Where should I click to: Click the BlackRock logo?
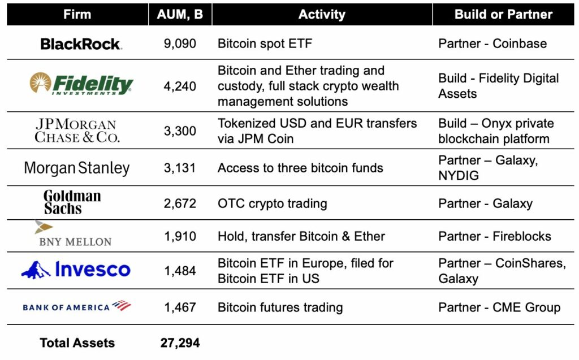81,44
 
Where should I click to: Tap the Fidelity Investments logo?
81,84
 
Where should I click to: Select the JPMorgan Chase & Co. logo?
77,131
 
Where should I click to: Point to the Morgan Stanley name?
77,168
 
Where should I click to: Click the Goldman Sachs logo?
72,202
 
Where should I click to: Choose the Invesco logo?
76,270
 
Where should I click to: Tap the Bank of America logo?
77,306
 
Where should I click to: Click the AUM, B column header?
180,14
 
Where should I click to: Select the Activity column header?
322,14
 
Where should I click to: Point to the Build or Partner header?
503,14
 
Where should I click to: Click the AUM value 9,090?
180,44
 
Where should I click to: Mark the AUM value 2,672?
180,203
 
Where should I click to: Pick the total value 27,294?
180,343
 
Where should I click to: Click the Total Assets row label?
77,343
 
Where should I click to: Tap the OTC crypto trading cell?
272,203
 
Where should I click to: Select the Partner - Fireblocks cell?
494,236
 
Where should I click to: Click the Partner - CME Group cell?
499,307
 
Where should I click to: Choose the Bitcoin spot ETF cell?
265,44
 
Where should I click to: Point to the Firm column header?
77,14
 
